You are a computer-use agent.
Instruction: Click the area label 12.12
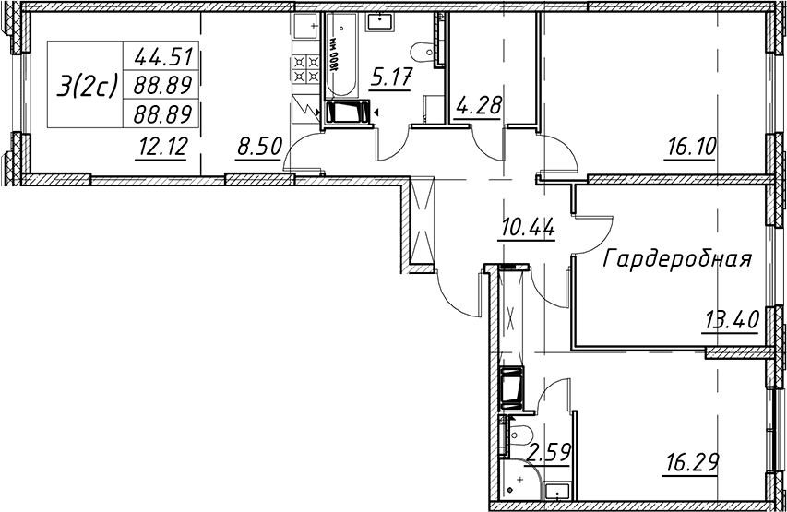161,147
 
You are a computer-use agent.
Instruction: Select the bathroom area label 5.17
391,78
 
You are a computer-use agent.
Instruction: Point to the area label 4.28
478,108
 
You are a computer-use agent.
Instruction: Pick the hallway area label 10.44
527,229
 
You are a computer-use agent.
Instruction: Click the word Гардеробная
677,259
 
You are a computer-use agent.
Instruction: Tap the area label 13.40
732,319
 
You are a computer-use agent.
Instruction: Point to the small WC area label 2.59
550,453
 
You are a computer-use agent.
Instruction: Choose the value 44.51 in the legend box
163,58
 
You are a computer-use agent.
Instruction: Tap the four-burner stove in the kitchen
306,69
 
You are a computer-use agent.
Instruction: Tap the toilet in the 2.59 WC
517,434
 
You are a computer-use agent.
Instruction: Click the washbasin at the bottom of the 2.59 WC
556,493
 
